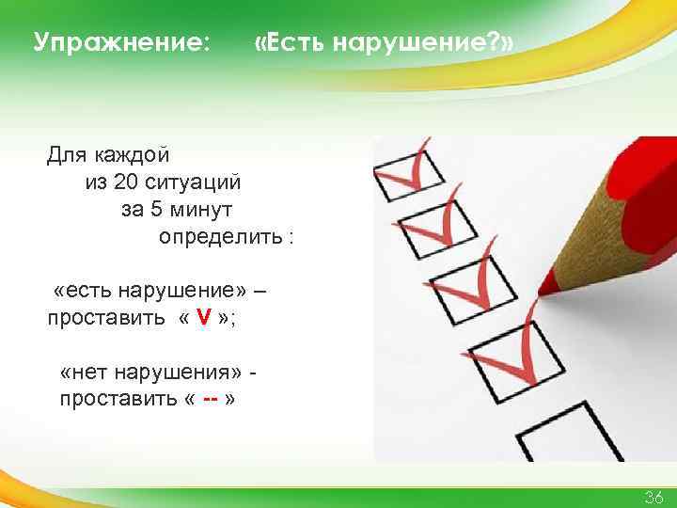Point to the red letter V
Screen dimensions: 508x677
coord(203,316)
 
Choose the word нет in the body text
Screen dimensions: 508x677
coord(87,372)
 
